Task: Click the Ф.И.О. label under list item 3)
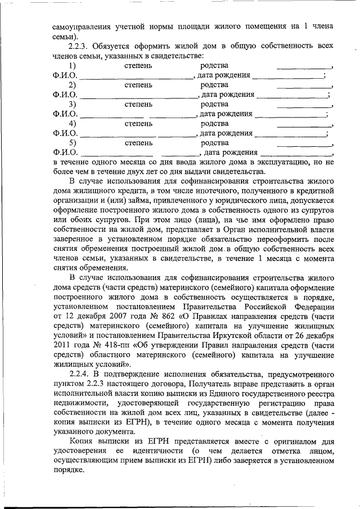(x=65, y=114)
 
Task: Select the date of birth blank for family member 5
(x=296, y=154)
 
